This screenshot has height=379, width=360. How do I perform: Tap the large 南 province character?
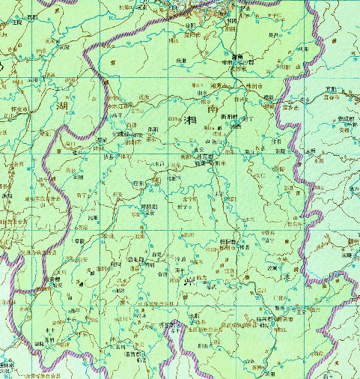click(x=214, y=109)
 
